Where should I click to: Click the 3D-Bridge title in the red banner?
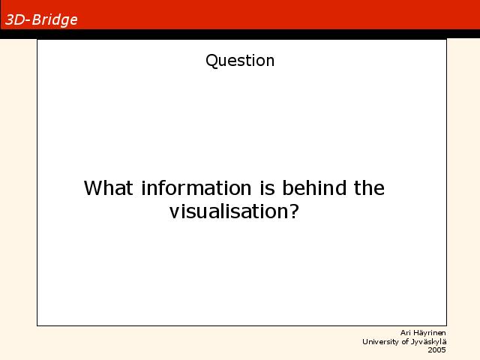41,20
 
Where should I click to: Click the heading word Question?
240,61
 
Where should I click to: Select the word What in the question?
108,187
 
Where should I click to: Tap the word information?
196,187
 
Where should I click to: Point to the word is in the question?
267,187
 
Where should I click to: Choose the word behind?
314,187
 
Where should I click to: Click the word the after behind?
369,187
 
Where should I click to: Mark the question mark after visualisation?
294,211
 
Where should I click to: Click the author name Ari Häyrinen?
423,333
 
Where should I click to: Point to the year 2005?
436,350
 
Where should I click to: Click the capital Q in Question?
211,61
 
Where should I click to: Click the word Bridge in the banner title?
55,20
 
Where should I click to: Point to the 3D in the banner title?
15,20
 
